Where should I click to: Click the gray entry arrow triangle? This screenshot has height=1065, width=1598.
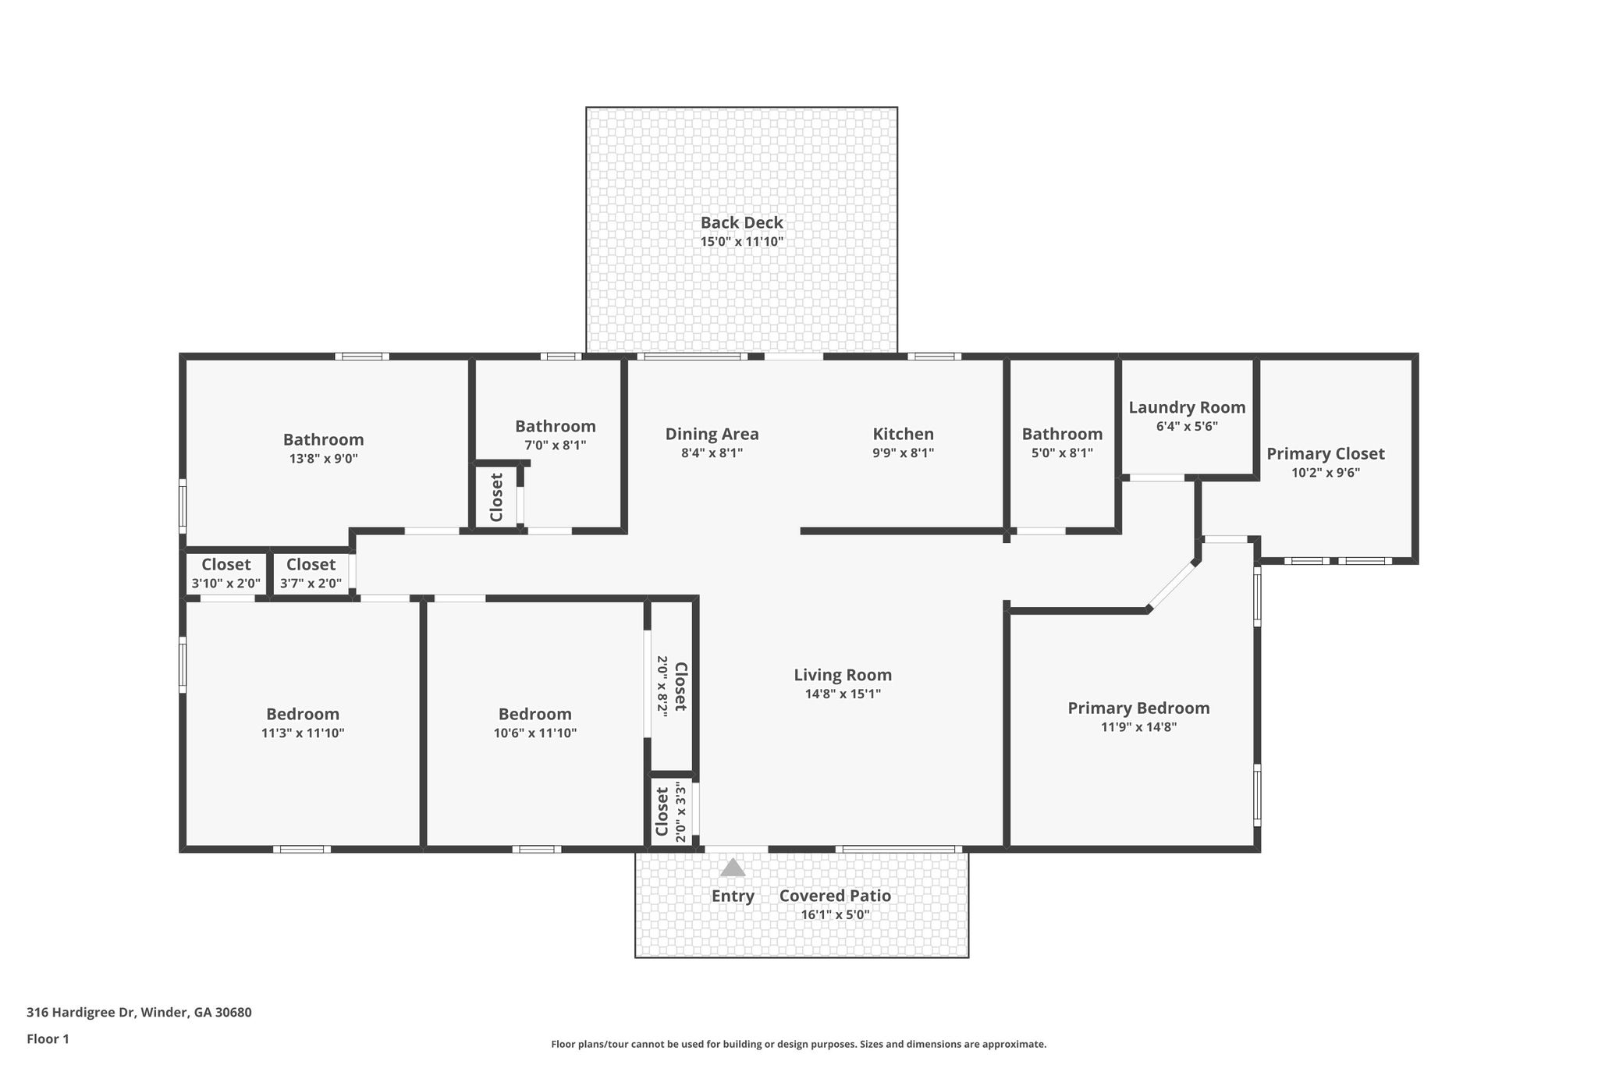[x=732, y=868]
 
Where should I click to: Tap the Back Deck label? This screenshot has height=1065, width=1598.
[x=741, y=222]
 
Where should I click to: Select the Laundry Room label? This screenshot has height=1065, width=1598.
[x=1187, y=407]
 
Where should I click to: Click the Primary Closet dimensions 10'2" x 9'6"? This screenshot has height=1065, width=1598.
[x=1326, y=473]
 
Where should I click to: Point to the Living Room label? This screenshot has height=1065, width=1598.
[x=843, y=675]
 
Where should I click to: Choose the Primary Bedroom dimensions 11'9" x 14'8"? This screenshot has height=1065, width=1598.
[x=1138, y=727]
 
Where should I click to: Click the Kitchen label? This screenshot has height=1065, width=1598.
[x=903, y=434]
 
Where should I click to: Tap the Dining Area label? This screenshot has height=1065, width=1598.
[x=712, y=434]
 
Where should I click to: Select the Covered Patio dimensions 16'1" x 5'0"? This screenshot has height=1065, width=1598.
[x=835, y=915]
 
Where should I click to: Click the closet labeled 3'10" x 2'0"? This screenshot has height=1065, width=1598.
[x=226, y=573]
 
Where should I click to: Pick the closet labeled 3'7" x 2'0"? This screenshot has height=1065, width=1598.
[x=311, y=573]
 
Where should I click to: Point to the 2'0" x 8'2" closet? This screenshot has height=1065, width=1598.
[x=672, y=686]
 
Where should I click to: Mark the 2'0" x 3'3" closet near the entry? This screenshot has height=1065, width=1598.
[x=672, y=811]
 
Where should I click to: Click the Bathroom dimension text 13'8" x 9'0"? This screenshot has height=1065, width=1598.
[x=323, y=459]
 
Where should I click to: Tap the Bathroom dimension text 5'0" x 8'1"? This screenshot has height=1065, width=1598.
[x=1062, y=453]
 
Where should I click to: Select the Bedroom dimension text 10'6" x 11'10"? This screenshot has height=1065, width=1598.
[x=535, y=733]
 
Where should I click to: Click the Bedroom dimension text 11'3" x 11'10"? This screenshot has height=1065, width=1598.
[x=303, y=733]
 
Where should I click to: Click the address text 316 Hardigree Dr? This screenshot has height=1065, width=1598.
[x=82, y=1013]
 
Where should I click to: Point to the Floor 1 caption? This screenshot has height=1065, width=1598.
[x=48, y=1039]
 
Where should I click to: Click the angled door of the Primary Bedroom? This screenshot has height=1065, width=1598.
[x=1172, y=584]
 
